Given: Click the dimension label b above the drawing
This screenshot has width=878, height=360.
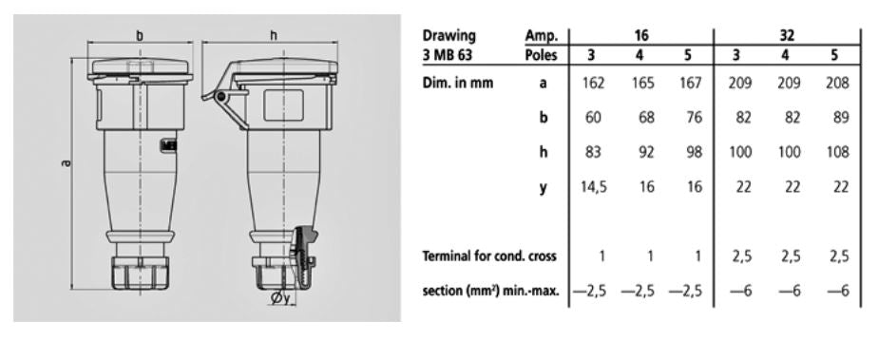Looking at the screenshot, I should tap(142, 35).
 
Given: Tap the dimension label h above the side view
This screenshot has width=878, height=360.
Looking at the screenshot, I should tap(274, 35).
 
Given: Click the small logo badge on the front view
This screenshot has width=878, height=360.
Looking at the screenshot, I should tap(171, 145).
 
